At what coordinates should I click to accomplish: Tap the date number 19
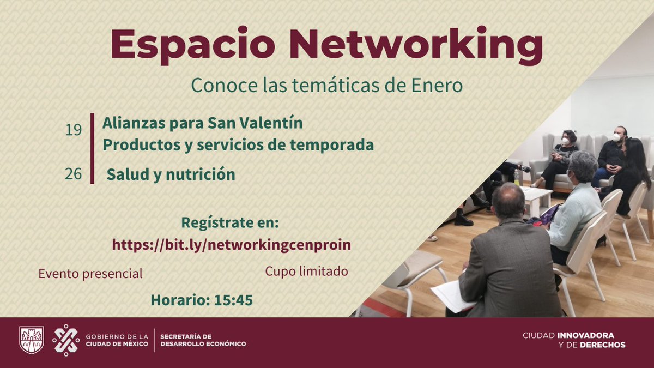(74, 130)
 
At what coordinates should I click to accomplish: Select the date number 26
(74, 174)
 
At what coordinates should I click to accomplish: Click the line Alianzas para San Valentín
(202, 124)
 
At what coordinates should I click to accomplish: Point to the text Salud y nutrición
(171, 174)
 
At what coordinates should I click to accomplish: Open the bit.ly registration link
(232, 245)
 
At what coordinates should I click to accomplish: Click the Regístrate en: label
(229, 223)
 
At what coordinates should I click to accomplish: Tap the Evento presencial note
(90, 274)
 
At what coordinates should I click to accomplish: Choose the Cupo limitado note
(306, 271)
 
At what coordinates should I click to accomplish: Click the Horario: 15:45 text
(202, 300)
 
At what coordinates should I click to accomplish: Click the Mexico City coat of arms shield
(31, 340)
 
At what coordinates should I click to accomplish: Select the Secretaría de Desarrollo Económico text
(203, 340)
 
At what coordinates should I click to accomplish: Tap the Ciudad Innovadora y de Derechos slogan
(574, 340)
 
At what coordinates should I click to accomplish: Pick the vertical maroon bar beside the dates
(92, 148)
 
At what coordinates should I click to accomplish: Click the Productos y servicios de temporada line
(238, 146)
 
